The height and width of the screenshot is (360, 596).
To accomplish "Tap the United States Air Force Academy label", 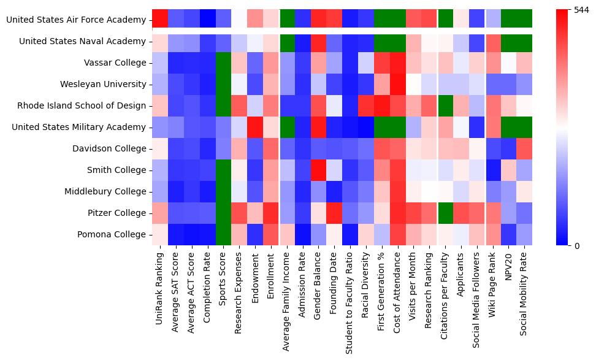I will tap(76, 20).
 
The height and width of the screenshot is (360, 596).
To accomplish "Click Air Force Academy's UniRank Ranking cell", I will tap(160, 20).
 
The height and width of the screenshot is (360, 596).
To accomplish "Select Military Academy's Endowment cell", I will tap(256, 128).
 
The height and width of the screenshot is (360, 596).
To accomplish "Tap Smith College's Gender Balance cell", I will tap(319, 170).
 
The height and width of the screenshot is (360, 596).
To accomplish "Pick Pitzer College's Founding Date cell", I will tap(335, 213).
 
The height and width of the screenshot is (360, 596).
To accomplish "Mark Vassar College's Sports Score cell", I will tap(224, 63).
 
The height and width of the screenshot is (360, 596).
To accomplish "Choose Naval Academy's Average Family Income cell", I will tap(288, 42).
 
